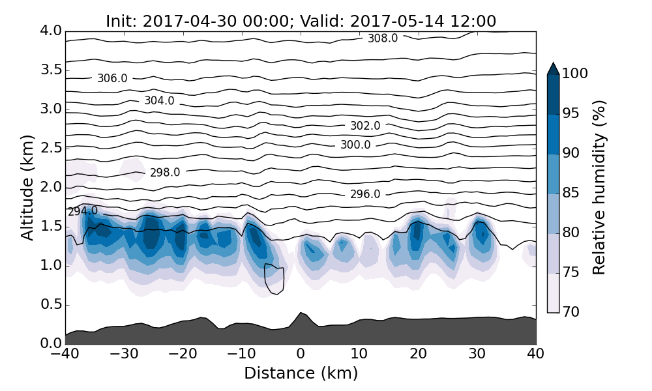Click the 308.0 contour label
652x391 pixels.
[x=383, y=38]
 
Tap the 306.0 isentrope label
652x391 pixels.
[x=112, y=78]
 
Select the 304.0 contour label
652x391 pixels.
[x=159, y=101]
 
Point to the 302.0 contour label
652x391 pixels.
[x=365, y=126]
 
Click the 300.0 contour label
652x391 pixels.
[x=355, y=145]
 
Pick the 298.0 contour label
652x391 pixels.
[x=165, y=173]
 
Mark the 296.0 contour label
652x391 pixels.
[x=365, y=194]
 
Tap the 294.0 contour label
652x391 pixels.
[x=83, y=211]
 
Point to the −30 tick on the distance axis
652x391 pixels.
[x=124, y=354]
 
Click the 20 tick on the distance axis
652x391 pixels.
[x=419, y=354]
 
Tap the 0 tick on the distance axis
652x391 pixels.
[x=301, y=354]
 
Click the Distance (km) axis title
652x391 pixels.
[x=301, y=373]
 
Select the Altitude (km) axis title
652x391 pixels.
[x=27, y=187]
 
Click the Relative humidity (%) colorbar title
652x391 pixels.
[x=599, y=187]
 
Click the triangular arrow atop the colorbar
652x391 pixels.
[x=553, y=68]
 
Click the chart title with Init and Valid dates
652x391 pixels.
[x=301, y=22]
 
